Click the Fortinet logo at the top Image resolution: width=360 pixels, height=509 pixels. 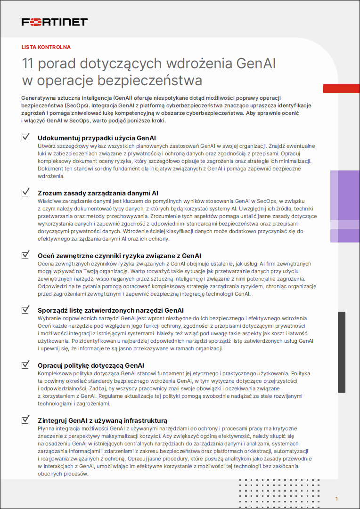(55, 22)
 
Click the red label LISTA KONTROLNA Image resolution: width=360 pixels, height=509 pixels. (46, 47)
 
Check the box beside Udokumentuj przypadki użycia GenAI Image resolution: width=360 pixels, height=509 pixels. (25, 137)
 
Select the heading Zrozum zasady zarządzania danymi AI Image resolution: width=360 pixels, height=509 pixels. (98, 193)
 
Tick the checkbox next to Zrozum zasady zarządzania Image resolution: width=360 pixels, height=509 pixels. (25, 193)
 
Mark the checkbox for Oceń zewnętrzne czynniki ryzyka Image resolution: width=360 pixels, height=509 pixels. (25, 255)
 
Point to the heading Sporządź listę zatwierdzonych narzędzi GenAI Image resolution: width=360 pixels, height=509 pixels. (111, 311)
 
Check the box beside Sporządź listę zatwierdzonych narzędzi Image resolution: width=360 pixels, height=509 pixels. (25, 310)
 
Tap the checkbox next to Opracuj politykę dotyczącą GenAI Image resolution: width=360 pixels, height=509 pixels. (25, 365)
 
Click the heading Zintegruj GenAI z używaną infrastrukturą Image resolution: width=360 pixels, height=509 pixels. (102, 420)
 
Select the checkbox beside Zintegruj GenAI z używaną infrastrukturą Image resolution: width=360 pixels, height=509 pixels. (25, 420)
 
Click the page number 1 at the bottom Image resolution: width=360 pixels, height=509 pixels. (337, 499)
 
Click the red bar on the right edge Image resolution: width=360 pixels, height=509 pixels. (341, 89)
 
